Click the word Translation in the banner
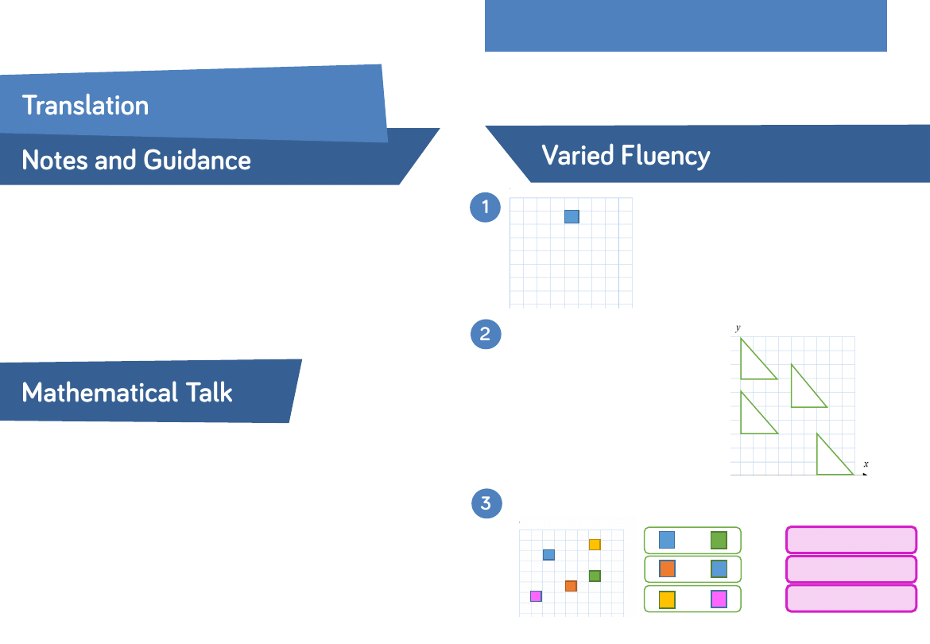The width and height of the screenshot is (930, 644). point(85,105)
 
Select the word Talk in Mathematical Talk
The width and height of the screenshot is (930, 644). point(205,392)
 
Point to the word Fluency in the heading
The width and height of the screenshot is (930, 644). point(666,155)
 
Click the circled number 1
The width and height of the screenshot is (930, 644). point(485,208)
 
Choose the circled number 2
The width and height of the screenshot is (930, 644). point(486,334)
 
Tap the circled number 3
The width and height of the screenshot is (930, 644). point(486,503)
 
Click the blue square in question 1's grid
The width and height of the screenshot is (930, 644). point(572,216)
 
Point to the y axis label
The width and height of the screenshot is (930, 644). point(738,328)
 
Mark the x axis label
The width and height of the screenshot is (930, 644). point(866,464)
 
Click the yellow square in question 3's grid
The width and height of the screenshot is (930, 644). point(595,545)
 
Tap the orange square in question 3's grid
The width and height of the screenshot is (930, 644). point(571,586)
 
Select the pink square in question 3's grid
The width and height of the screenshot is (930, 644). point(536,596)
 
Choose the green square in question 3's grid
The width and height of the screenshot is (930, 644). point(595,576)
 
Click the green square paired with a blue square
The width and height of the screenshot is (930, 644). point(719,540)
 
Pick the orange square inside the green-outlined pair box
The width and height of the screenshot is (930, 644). point(667,569)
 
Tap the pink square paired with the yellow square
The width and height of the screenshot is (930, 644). point(719,599)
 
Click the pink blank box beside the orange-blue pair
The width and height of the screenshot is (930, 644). point(851,569)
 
